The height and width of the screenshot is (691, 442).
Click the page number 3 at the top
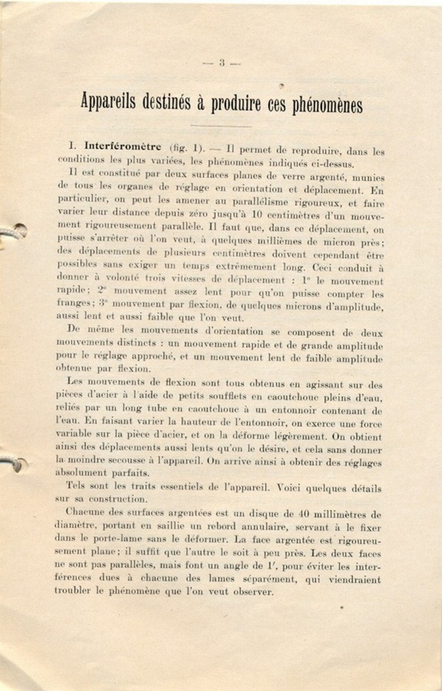coord(222,63)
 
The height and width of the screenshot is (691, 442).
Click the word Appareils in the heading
coord(109,102)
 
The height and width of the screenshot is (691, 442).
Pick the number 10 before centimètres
coord(256,214)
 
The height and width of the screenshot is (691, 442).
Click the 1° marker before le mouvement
coord(307,281)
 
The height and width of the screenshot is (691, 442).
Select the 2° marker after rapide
coord(102,290)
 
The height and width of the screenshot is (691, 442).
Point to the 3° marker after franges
coord(102,303)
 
